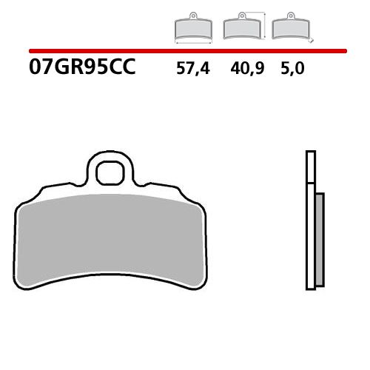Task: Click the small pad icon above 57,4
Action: (x=192, y=29)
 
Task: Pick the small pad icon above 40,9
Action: (x=240, y=30)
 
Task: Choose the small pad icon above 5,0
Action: (x=290, y=30)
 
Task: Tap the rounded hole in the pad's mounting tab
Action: (x=111, y=172)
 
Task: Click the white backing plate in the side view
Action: (x=311, y=222)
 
